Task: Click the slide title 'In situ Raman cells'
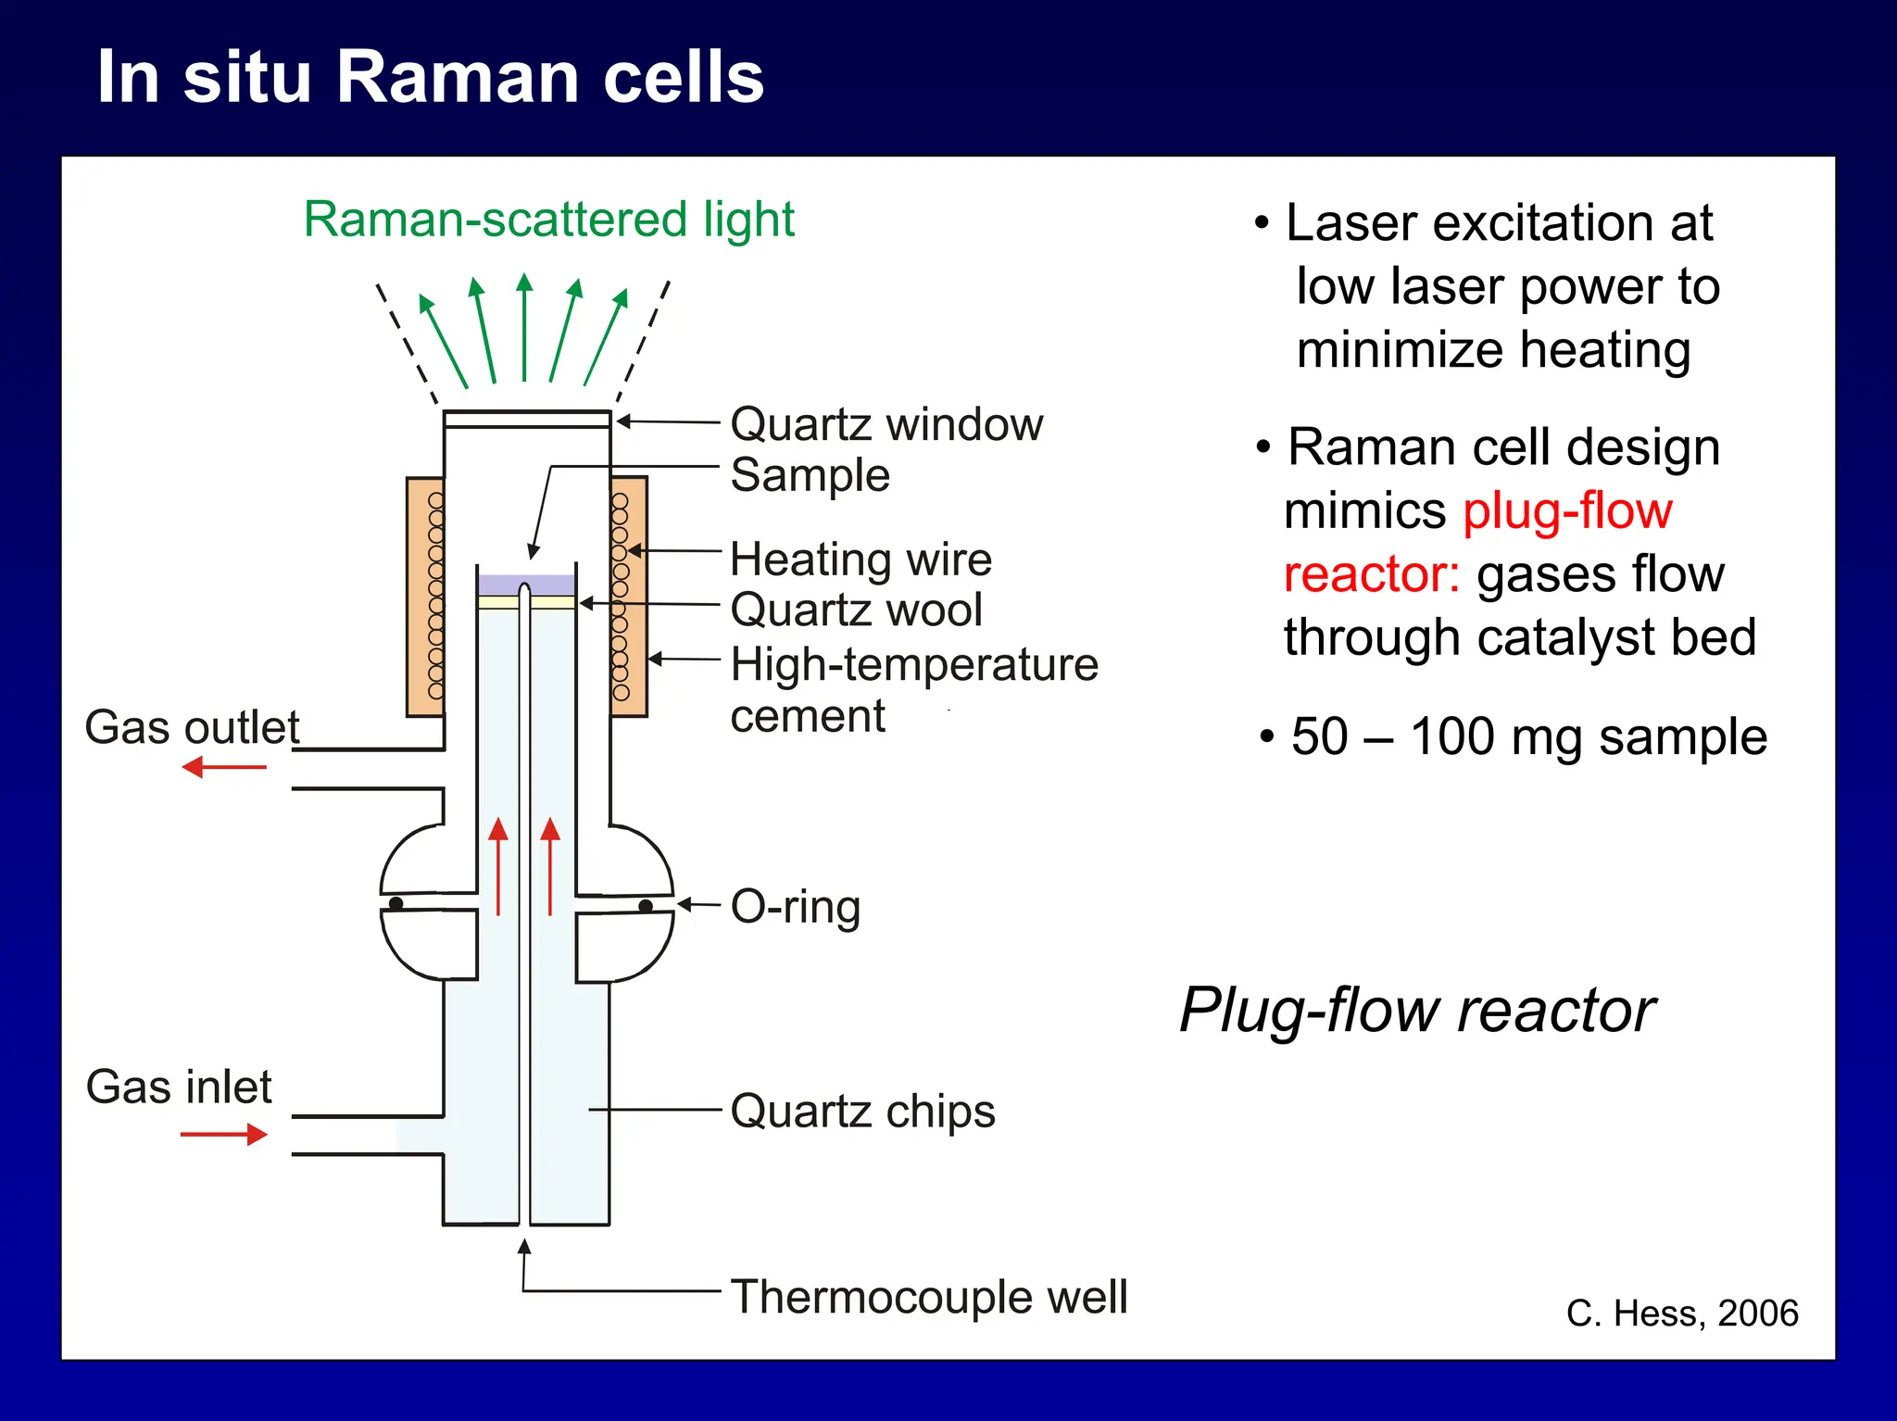430,78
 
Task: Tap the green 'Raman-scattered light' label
548,220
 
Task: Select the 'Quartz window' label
886,425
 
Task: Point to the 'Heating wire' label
861,560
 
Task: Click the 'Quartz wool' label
856,610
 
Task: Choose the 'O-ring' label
795,907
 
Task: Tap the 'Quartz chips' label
861,1111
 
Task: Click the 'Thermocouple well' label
928,1297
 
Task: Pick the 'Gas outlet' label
192,728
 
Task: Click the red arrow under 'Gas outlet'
224,767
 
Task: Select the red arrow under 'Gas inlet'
224,1134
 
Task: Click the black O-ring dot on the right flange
646,906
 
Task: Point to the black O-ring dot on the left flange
396,903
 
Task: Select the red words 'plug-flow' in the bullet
1567,511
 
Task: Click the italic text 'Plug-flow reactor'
1416,1010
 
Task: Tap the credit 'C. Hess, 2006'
1681,1314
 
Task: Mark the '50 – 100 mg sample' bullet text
1528,737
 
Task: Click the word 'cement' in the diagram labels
807,717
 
